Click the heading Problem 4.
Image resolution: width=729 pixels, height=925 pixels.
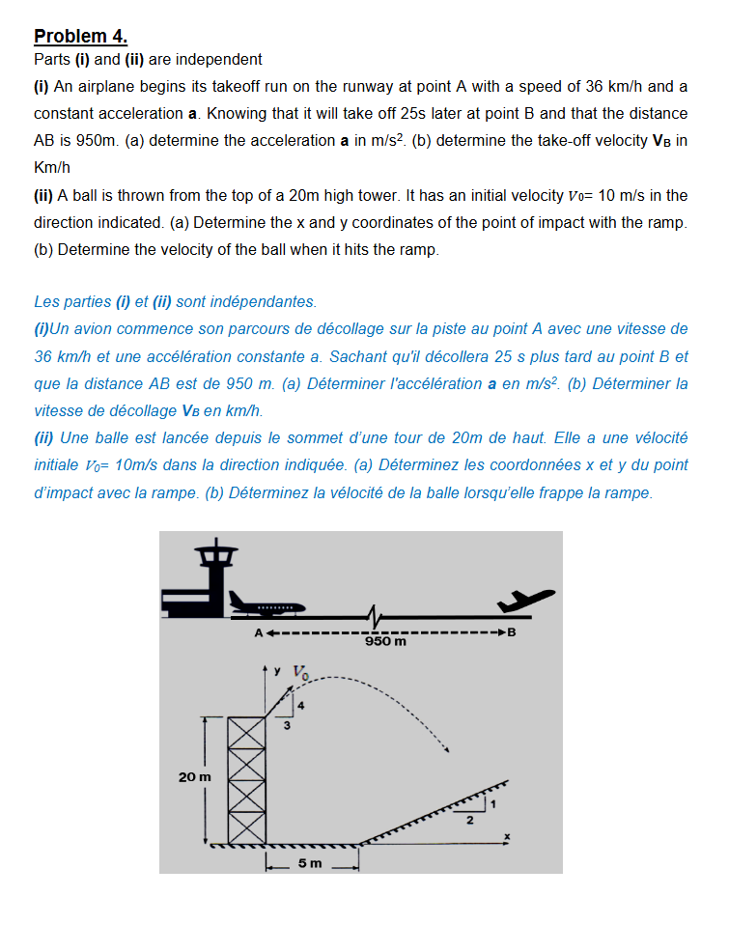coord(80,36)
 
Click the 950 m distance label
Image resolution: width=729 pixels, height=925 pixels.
coord(385,641)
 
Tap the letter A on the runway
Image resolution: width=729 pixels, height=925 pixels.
coord(259,633)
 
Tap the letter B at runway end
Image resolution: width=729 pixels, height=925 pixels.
coord(512,632)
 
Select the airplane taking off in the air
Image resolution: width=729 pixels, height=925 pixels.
coord(525,600)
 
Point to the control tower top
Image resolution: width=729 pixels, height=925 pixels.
coord(216,552)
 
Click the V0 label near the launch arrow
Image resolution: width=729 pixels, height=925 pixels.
coord(301,673)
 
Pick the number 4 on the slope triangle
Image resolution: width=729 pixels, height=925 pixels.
coord(301,706)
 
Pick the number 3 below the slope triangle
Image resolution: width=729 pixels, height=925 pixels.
coord(287,725)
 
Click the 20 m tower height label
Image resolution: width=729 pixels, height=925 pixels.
coord(195,777)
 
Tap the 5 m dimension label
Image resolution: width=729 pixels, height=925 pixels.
coord(310,863)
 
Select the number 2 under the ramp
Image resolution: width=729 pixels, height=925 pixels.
coord(470,820)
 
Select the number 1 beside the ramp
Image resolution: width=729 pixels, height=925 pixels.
coord(493,803)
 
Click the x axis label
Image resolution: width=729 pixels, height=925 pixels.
coord(507,836)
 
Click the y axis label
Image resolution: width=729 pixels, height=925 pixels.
coord(277,671)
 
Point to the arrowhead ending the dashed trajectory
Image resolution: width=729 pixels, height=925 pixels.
coord(447,750)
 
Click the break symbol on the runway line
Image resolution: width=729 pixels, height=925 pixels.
coord(374,616)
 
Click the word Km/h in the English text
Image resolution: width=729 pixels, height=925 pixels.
coord(52,168)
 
